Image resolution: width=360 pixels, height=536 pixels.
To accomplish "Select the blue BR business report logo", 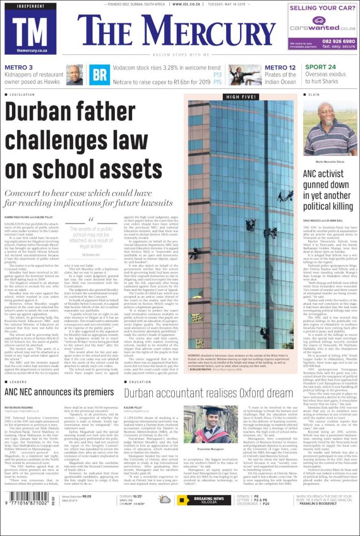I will click(x=100, y=74).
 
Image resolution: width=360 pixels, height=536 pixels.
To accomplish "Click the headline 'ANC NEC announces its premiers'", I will click(x=59, y=392).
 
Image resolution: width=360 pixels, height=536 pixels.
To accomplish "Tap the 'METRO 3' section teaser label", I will click(x=19, y=68).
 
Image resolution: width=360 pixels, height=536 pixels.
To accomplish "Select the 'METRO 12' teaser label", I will click(x=280, y=68).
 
